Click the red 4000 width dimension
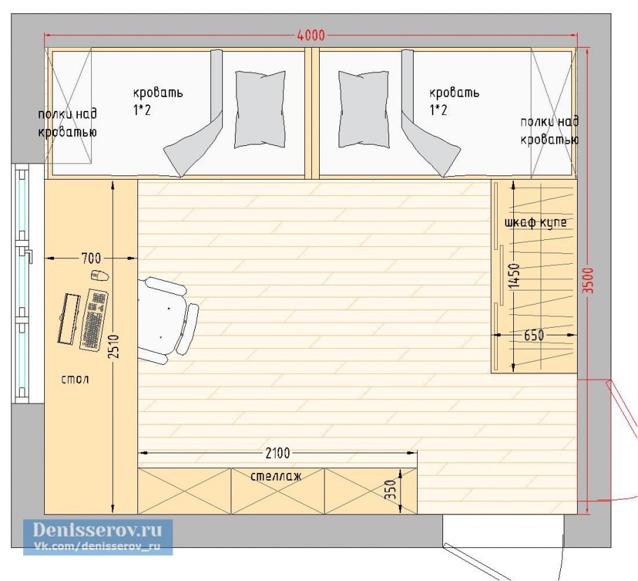point(311,35)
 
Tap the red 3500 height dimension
point(588,281)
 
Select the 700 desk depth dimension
point(91,258)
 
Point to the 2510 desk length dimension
point(114,347)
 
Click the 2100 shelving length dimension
point(278,453)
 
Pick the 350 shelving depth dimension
point(390,490)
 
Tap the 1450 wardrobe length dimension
point(514,276)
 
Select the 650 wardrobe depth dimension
point(534,335)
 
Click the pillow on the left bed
point(260,109)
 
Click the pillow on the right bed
point(364,109)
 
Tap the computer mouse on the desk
point(100,276)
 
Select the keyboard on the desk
point(93,320)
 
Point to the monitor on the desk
point(69,319)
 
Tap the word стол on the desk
point(75,380)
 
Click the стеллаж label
point(276,476)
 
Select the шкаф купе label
point(536,223)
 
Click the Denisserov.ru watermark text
point(97,530)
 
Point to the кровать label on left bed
point(158,93)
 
